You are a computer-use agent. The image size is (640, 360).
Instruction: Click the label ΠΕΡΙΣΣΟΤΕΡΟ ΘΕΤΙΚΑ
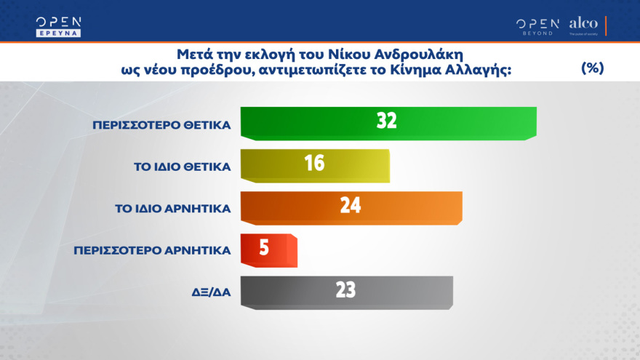[x=161, y=124]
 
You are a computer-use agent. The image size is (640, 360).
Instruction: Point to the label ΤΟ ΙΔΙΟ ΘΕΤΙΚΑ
[x=183, y=167]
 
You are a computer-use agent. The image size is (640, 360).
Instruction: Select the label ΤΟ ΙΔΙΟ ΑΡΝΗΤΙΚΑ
[x=173, y=208]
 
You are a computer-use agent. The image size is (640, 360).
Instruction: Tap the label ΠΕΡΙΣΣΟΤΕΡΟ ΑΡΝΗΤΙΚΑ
[x=152, y=250]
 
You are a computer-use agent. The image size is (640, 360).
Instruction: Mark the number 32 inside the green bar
[x=386, y=121]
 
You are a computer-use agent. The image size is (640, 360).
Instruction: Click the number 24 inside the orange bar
[x=350, y=206]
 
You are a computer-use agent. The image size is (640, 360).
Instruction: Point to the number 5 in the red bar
[x=264, y=249]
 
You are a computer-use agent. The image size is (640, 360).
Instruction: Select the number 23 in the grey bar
[x=345, y=290]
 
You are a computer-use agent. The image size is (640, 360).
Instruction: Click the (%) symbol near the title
[x=593, y=68]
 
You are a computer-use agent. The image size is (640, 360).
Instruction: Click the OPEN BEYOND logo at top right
[x=537, y=25]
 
